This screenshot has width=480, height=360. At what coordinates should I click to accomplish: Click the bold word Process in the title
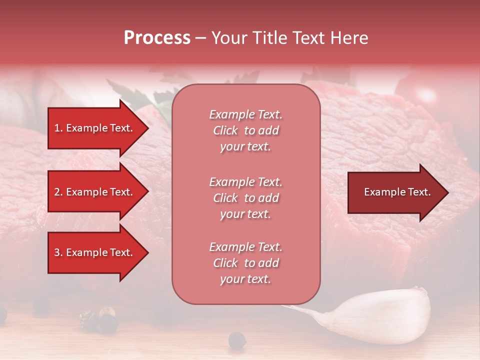pyautogui.click(x=157, y=38)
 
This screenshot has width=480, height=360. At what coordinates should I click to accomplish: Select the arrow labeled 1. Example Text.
pyautogui.click(x=95, y=128)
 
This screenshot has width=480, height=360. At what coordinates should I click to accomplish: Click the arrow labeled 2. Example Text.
pyautogui.click(x=95, y=192)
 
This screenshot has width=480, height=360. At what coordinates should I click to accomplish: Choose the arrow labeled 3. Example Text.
pyautogui.click(x=95, y=252)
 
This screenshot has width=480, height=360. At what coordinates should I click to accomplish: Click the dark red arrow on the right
pyautogui.click(x=395, y=192)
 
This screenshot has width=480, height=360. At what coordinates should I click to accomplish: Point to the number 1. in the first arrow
pyautogui.click(x=58, y=128)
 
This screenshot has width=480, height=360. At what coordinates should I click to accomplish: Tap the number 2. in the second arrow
pyautogui.click(x=58, y=192)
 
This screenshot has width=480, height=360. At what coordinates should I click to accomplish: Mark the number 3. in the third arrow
pyautogui.click(x=58, y=252)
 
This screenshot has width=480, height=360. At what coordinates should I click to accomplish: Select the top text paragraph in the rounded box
pyautogui.click(x=245, y=130)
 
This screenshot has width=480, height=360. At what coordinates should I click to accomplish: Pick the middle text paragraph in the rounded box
pyautogui.click(x=245, y=198)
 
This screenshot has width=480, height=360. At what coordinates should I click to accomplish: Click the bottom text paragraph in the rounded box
pyautogui.click(x=245, y=263)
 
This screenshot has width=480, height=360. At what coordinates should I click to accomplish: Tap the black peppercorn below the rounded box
pyautogui.click(x=237, y=341)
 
